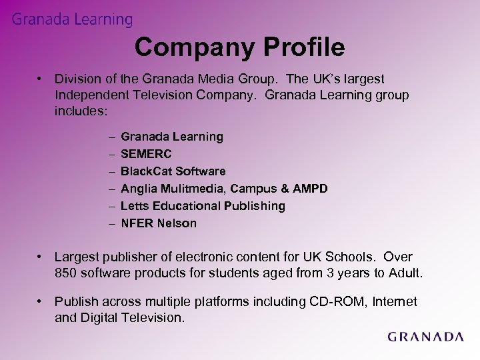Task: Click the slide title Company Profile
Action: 239,47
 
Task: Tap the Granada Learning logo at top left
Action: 72,19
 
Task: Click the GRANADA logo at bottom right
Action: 425,337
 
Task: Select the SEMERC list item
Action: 146,154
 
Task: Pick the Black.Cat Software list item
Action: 173,171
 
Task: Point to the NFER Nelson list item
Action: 159,223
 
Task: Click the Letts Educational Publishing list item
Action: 203,206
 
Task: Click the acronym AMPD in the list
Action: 310,189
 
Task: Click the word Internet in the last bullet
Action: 395,302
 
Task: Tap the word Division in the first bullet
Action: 79,79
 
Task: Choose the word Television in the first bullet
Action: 159,95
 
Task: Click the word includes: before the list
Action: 81,111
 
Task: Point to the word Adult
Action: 405,273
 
